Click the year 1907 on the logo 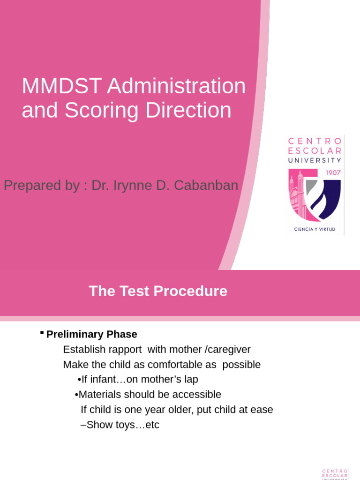click(333, 172)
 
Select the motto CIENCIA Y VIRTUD click(315, 229)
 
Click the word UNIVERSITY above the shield click(315, 160)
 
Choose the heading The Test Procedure click(158, 291)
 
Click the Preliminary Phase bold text click(92, 334)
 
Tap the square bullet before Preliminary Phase click(42, 332)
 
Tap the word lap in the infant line click(191, 379)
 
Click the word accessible click(197, 394)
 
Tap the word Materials click(100, 394)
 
